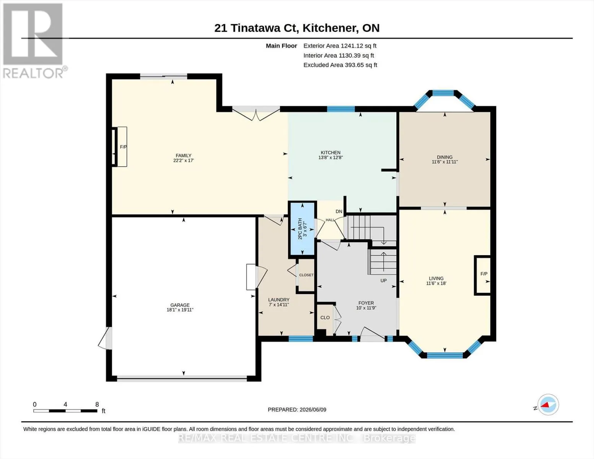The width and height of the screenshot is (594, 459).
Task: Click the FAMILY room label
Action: coord(184,156)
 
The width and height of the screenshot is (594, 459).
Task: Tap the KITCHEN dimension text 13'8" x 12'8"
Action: coord(330,158)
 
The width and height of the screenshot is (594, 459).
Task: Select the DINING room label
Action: coord(444,157)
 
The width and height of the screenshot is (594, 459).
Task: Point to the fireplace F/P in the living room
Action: coord(484,274)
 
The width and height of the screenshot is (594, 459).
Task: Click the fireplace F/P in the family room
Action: coord(124,147)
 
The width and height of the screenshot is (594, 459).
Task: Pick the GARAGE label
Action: coord(180,305)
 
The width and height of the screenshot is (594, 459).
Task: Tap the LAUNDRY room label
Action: coord(278,299)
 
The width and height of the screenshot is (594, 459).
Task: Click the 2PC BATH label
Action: coord(300,229)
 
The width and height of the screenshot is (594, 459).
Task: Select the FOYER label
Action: coord(366,303)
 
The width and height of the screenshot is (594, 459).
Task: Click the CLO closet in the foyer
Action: coord(325,317)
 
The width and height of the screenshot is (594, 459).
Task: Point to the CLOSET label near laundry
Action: coord(306,275)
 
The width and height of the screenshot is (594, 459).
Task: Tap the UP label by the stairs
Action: coord(384,281)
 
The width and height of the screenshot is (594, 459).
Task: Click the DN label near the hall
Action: coord(339,212)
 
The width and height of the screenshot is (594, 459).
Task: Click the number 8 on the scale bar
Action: coord(97,405)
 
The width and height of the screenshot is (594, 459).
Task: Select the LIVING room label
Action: coord(436,278)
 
